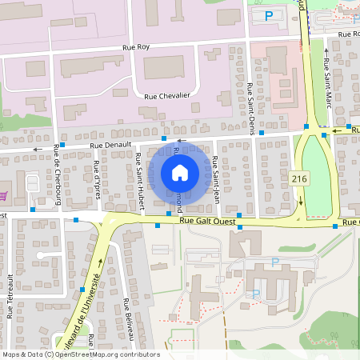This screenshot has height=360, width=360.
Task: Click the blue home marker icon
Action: click(180, 172)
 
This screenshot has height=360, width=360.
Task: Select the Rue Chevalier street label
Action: click(167, 96)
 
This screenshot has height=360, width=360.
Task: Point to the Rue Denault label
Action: click(109, 146)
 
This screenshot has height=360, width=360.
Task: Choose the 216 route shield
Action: click(300, 178)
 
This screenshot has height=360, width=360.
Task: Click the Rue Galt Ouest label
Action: click(210, 220)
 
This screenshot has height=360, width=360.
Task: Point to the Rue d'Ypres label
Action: click(96, 180)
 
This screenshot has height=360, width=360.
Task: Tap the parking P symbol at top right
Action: click(269, 15)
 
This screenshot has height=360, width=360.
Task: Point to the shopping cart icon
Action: click(5, 195)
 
